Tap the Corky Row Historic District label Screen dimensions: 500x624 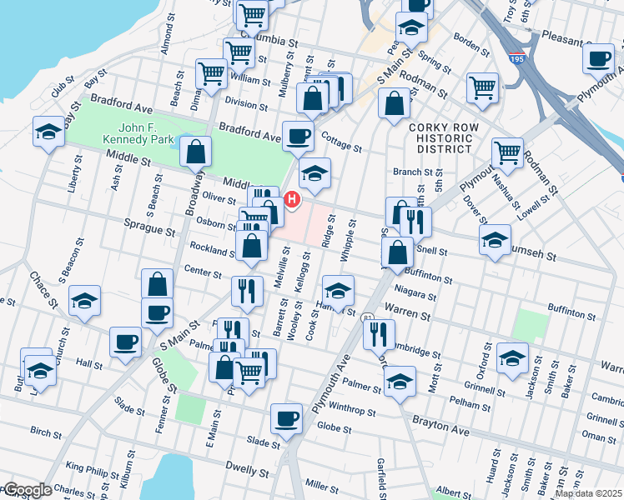click(x=441, y=137)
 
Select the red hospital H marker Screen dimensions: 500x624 click(x=292, y=199)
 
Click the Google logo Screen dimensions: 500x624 click(x=27, y=489)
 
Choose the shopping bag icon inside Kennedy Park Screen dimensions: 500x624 click(x=195, y=152)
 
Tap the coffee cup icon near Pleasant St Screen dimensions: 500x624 click(x=598, y=59)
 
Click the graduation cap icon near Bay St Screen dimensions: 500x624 click(x=48, y=132)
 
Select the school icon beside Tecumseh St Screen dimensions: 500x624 click(x=495, y=240)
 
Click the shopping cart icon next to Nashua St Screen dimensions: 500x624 click(x=507, y=153)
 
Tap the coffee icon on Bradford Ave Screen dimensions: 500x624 click(x=298, y=136)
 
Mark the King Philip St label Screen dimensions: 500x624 click(x=88, y=469)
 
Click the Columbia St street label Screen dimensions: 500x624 click(x=269, y=38)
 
